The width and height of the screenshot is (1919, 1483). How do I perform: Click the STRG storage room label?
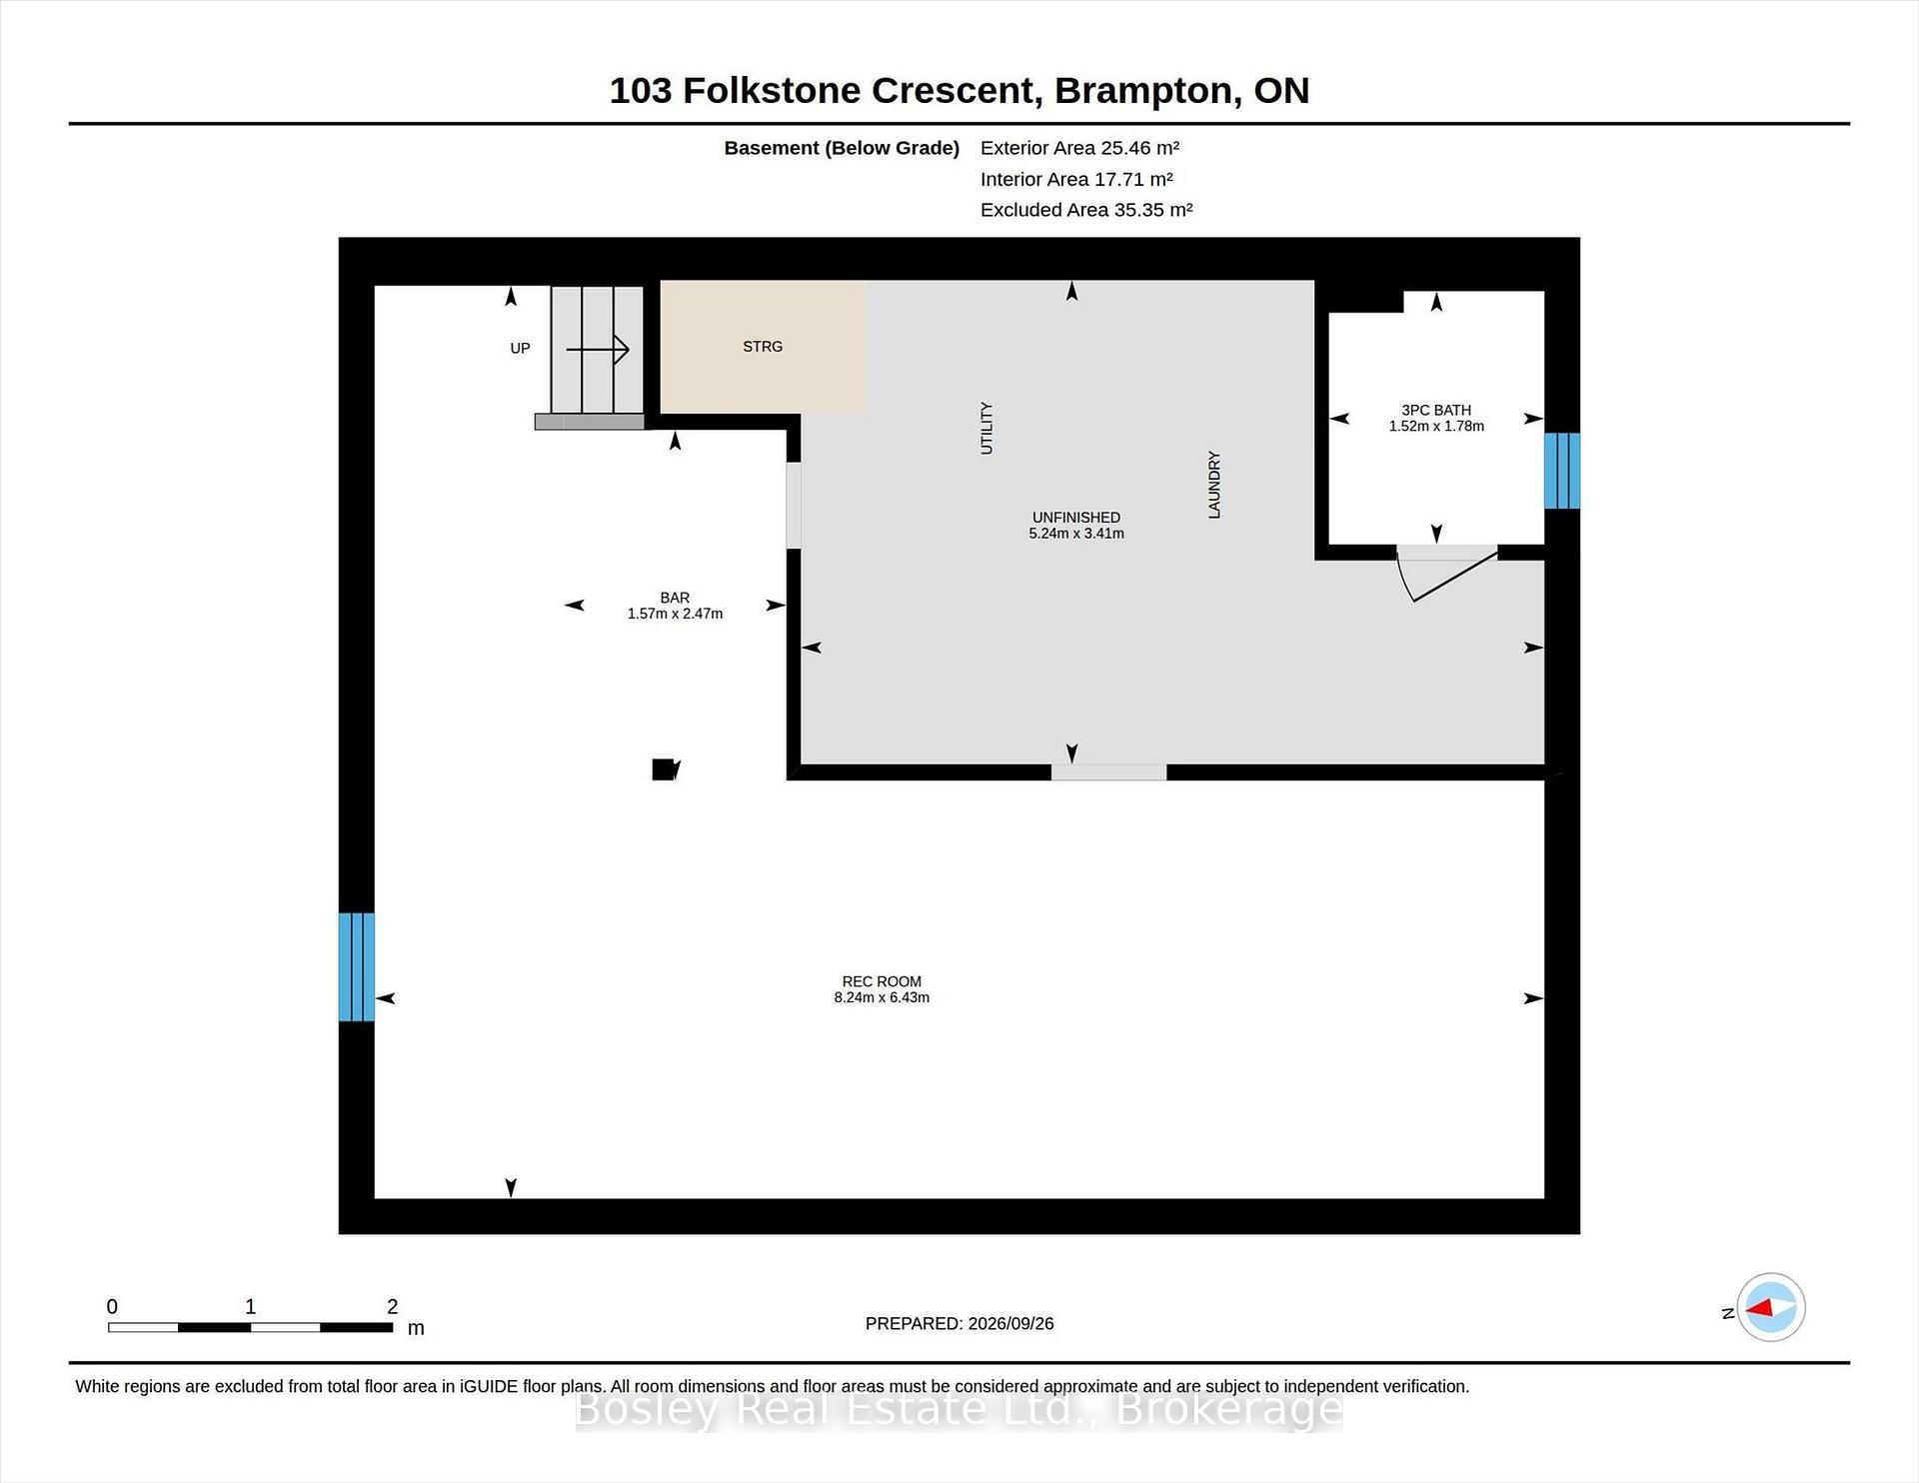tap(763, 347)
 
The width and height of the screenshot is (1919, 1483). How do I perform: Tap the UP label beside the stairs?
tap(520, 349)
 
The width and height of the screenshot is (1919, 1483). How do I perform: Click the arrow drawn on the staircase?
tap(598, 350)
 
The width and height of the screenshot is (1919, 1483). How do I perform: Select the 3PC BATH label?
tap(1436, 410)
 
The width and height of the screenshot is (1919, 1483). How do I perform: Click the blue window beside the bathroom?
tap(1562, 471)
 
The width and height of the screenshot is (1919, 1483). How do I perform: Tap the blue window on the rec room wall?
tap(357, 967)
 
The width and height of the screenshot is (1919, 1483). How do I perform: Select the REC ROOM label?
tap(882, 981)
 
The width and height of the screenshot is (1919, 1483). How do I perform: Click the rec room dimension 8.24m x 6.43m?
tap(882, 997)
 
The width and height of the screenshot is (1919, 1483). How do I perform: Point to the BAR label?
tap(675, 598)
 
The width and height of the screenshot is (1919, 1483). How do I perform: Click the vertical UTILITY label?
tap(986, 429)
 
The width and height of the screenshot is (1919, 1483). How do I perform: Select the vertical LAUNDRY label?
tap(1214, 485)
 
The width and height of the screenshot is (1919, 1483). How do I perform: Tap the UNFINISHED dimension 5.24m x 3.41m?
tap(1076, 534)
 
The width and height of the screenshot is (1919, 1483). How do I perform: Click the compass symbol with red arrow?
tap(1771, 1307)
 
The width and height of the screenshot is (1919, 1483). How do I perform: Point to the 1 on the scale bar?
tap(250, 1306)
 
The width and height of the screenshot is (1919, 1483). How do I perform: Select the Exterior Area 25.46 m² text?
tap(1079, 148)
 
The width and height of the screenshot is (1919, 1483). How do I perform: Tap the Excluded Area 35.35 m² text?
tap(1086, 210)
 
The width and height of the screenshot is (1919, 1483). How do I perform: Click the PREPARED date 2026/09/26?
tap(1010, 1323)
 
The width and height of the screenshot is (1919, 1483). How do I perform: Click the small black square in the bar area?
tap(664, 769)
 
